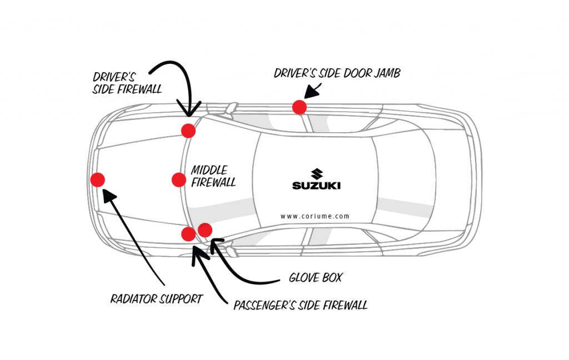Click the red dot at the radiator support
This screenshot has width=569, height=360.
(98, 180)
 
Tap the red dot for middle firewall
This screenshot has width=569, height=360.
(179, 179)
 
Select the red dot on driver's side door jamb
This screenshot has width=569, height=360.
(300, 107)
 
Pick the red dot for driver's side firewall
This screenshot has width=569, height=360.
(188, 131)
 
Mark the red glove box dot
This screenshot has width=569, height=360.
(205, 229)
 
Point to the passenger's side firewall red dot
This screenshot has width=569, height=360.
(189, 234)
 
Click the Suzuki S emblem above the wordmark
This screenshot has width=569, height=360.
(317, 173)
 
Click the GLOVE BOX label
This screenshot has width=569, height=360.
(315, 277)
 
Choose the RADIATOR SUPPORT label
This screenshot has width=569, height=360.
(156, 299)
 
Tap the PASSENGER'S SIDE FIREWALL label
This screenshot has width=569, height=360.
(300, 305)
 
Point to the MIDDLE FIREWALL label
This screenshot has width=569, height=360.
(213, 176)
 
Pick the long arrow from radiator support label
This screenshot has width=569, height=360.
(133, 233)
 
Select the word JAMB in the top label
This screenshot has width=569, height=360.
(387, 73)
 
